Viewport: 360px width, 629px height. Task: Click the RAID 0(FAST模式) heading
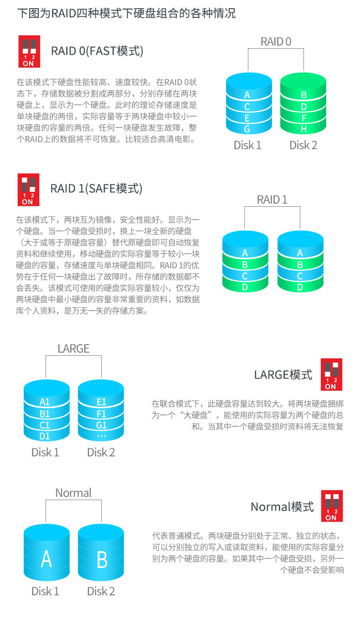pyautogui.click(x=97, y=51)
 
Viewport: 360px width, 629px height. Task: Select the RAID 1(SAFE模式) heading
pyautogui.click(x=97, y=189)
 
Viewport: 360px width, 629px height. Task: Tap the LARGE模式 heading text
pyautogui.click(x=283, y=375)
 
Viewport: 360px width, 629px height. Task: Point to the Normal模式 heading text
pyautogui.click(x=283, y=506)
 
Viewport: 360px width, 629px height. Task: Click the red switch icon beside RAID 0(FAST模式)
pyautogui.click(x=29, y=51)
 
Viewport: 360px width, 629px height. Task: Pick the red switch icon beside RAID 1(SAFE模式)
pyautogui.click(x=28, y=189)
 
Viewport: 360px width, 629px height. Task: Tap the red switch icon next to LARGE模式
pyautogui.click(x=331, y=374)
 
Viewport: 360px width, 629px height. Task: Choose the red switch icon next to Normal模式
pyautogui.click(x=331, y=506)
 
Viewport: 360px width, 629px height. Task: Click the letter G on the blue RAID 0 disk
pyautogui.click(x=247, y=129)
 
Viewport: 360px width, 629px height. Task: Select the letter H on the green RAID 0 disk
pyautogui.click(x=303, y=129)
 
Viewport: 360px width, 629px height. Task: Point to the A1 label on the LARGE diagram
pyautogui.click(x=45, y=402)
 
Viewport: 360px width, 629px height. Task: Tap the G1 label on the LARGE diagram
pyautogui.click(x=101, y=425)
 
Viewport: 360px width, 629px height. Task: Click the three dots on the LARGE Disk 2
pyautogui.click(x=101, y=436)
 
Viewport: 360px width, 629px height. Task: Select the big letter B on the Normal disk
pyautogui.click(x=102, y=559)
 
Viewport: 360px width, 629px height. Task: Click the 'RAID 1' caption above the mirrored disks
pyautogui.click(x=272, y=199)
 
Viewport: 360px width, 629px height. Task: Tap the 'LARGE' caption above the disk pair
pyautogui.click(x=73, y=348)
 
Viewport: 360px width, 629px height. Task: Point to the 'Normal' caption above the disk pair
pyautogui.click(x=73, y=493)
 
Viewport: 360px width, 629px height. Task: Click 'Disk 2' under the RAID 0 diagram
pyautogui.click(x=303, y=145)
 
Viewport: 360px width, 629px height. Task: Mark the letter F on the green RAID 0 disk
pyautogui.click(x=303, y=118)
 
